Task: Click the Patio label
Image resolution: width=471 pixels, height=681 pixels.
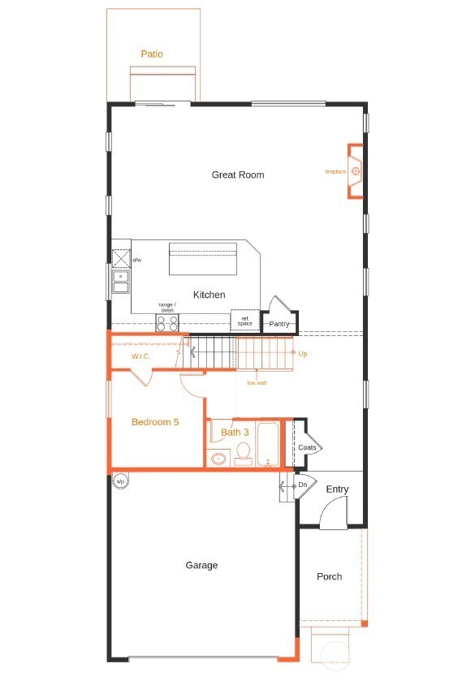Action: pos(152,54)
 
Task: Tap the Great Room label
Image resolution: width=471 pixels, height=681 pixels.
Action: pos(238,175)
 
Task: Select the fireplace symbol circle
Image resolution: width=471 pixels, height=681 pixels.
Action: pos(356,171)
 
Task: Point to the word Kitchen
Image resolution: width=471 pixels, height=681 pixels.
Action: pos(209,295)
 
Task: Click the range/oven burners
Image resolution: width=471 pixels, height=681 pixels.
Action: pos(167,323)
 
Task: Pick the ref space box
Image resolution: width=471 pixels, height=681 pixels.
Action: pos(244,321)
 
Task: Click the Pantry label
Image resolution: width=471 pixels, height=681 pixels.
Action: pos(279,324)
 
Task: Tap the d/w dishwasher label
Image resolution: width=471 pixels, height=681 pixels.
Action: pos(137,260)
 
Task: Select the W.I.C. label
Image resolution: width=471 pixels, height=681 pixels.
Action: pos(142,356)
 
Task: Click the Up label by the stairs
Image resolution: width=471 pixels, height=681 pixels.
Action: pos(303,354)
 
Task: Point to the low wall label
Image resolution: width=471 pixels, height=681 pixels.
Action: pos(257,382)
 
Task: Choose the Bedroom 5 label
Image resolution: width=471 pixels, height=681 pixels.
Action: pos(155,422)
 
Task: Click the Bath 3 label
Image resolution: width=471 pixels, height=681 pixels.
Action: pos(235,433)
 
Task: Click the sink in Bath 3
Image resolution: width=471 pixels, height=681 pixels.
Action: pos(218,459)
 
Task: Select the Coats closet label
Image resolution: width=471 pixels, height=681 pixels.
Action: pos(307,447)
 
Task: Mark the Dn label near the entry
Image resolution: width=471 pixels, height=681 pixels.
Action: pos(302,485)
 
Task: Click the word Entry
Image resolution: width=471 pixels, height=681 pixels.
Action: pos(337,489)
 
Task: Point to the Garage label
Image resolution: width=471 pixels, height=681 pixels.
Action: pos(201,565)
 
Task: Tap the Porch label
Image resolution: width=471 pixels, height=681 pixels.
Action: pos(329,576)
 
